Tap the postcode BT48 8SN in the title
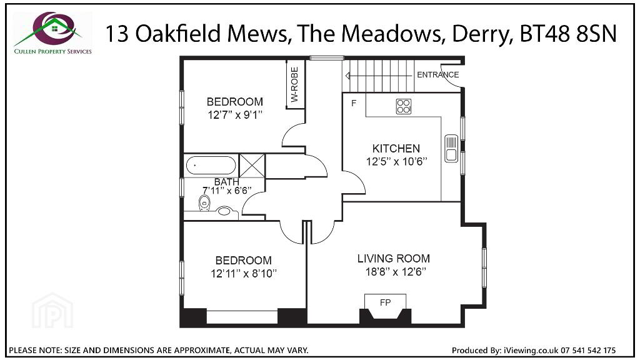click(567, 34)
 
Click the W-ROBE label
click(295, 84)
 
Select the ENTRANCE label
click(437, 75)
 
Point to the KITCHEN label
click(396, 148)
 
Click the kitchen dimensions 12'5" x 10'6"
click(396, 162)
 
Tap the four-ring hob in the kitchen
click(404, 106)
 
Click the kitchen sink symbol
click(451, 148)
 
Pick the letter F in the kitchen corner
click(354, 103)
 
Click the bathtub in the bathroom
click(211, 166)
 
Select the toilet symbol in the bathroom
click(204, 203)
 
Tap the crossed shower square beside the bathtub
click(252, 166)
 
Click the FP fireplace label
click(385, 302)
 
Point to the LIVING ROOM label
click(394, 258)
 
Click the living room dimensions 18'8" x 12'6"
click(396, 271)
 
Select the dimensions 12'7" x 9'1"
click(235, 115)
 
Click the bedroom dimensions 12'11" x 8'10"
click(244, 273)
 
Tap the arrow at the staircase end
click(347, 76)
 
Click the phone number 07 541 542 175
click(588, 350)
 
